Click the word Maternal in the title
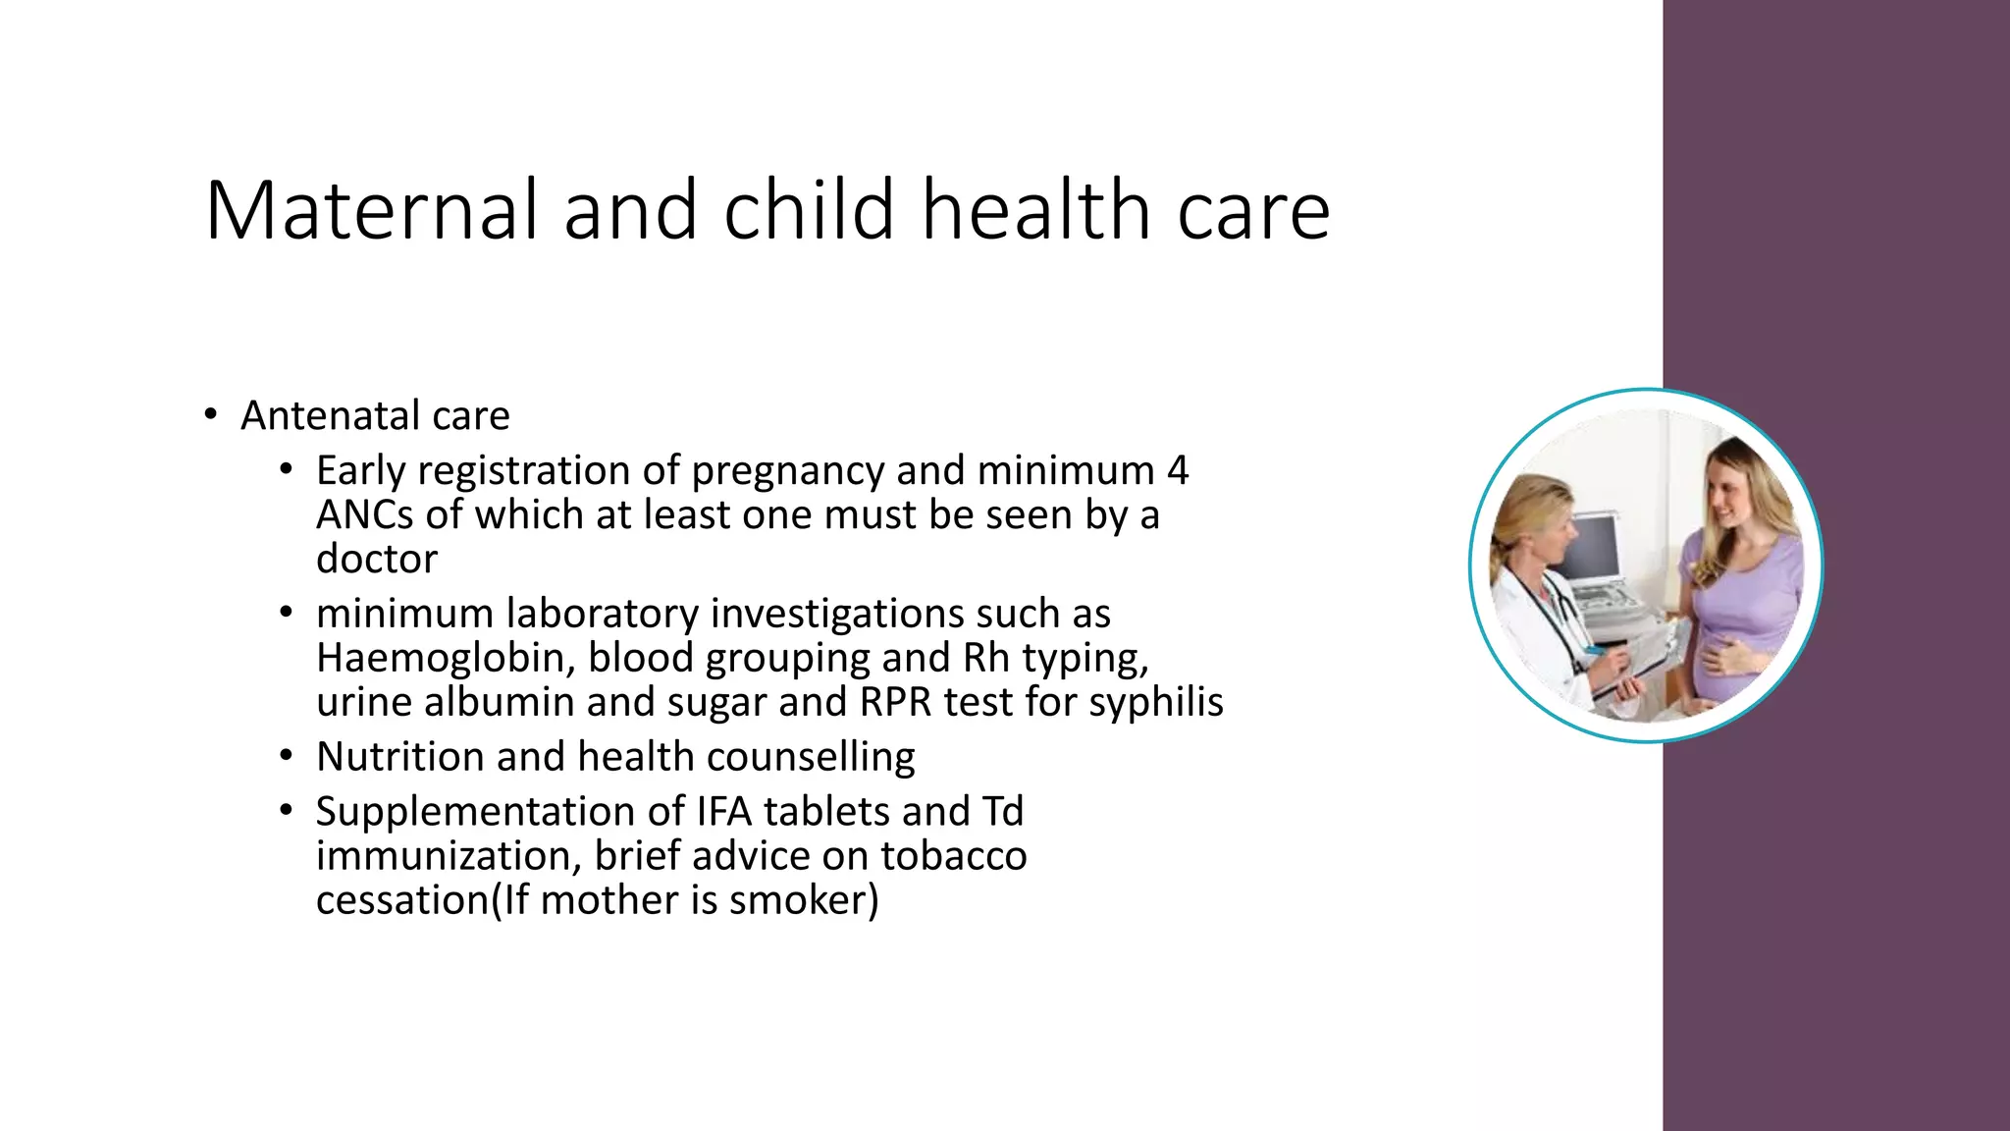pyautogui.click(x=372, y=210)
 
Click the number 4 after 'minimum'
pyautogui.click(x=1178, y=471)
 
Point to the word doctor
pyautogui.click(x=377, y=559)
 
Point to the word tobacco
pyautogui.click(x=953, y=856)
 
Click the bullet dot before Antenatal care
pyautogui.click(x=210, y=415)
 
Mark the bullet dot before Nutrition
pyautogui.click(x=286, y=756)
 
